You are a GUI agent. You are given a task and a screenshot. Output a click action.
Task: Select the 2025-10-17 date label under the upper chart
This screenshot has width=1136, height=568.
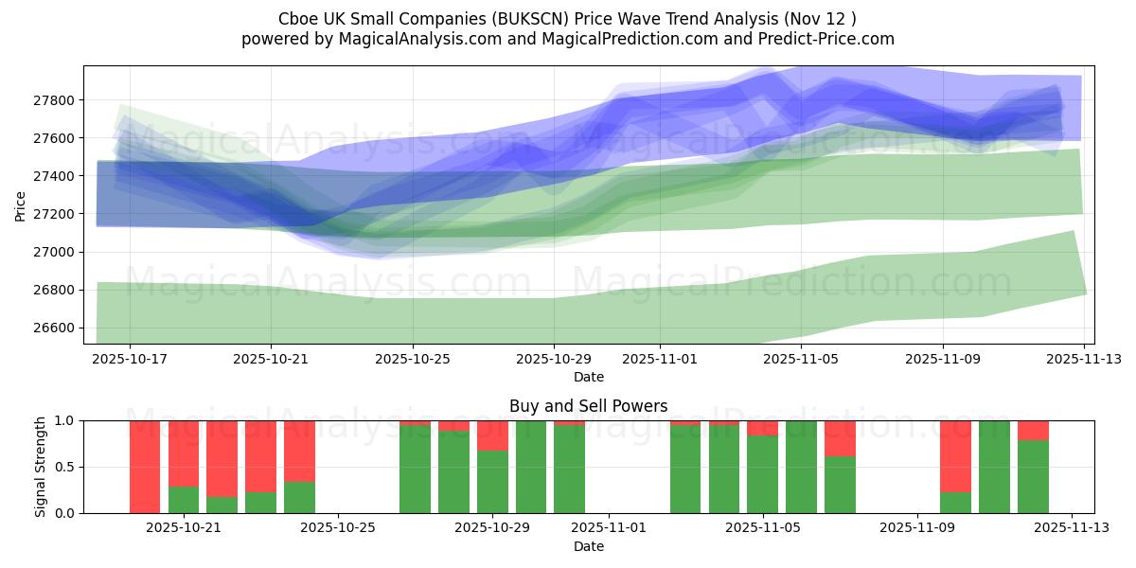coord(130,360)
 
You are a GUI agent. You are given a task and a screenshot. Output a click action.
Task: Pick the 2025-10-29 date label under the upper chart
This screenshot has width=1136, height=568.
coord(554,360)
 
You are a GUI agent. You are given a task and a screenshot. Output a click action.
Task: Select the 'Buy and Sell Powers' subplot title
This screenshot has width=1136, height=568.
coord(588,406)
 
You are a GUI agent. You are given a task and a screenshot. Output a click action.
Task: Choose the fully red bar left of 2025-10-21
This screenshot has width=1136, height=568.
coord(145,467)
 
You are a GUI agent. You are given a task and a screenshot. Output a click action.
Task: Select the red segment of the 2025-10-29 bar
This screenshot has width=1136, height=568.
coord(492,435)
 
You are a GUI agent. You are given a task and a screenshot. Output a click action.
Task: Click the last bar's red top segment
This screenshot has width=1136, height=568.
coord(1033,430)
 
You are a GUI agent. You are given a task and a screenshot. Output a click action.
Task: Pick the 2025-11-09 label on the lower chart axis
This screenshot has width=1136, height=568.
coord(917,527)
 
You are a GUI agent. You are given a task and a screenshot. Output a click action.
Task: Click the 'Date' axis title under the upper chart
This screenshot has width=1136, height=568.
coord(588,377)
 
